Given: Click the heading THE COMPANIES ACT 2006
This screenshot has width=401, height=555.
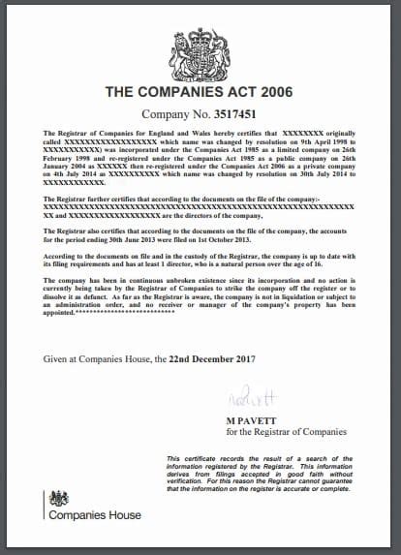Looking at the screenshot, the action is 200,93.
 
